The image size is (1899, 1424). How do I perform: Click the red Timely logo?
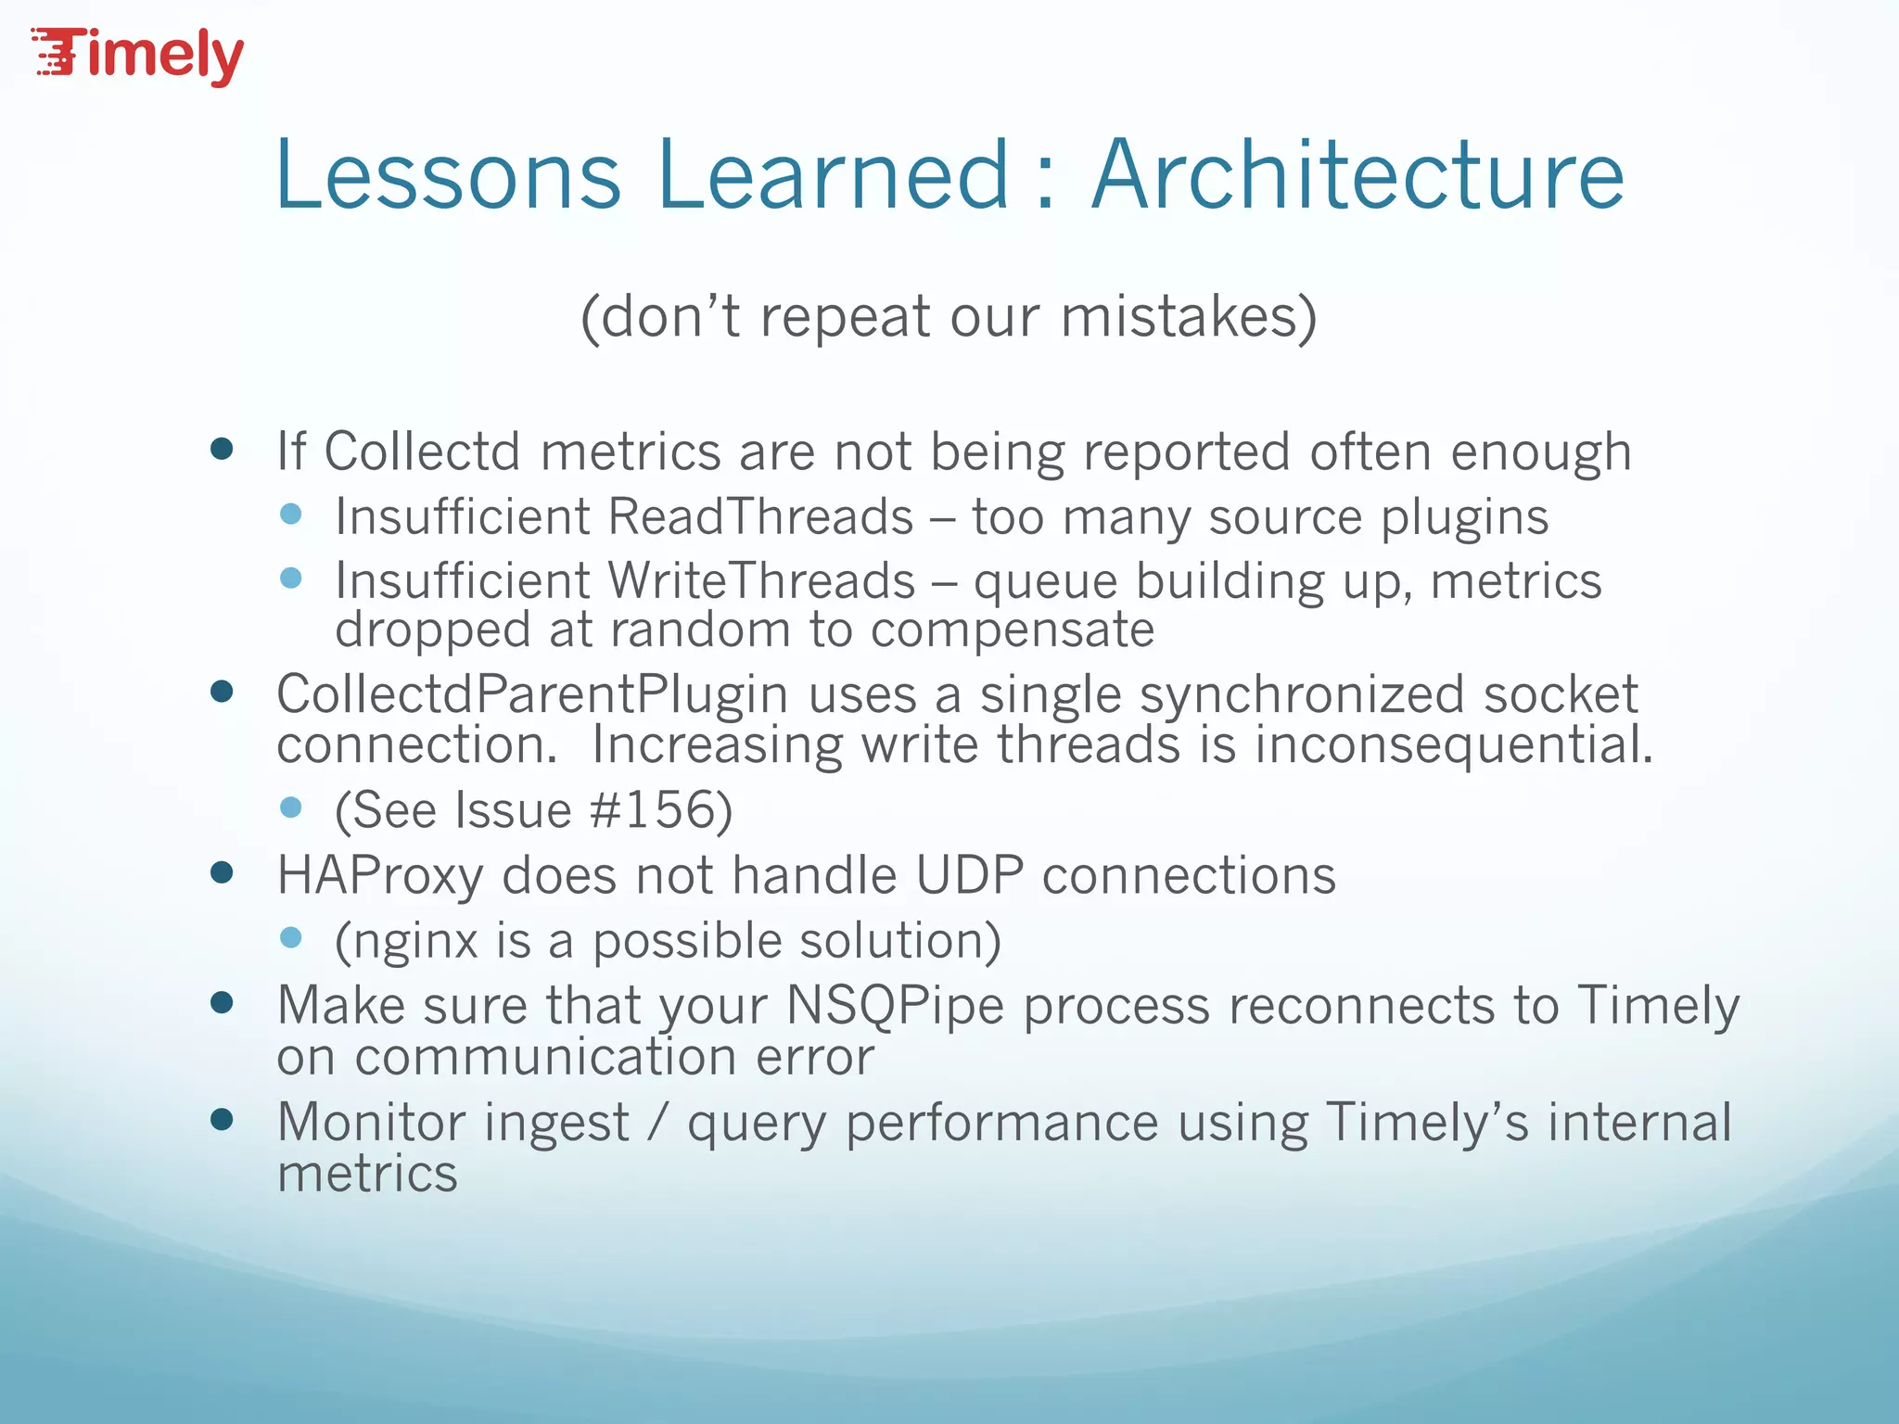(x=139, y=56)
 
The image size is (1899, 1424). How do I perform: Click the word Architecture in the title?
(x=1357, y=176)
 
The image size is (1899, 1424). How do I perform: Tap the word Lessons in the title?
(x=448, y=176)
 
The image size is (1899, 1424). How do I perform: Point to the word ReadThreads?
(x=761, y=516)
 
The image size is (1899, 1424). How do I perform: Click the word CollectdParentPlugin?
(x=531, y=694)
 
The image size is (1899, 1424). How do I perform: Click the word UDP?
(x=969, y=875)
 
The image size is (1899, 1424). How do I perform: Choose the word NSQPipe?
(x=895, y=1006)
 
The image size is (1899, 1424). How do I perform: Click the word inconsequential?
(x=1453, y=745)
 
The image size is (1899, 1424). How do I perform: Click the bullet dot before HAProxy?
(x=222, y=872)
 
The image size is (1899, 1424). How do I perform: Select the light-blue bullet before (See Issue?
(x=291, y=807)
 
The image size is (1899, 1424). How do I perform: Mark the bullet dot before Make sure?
(x=222, y=1002)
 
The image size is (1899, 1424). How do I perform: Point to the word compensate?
(x=1012, y=630)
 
